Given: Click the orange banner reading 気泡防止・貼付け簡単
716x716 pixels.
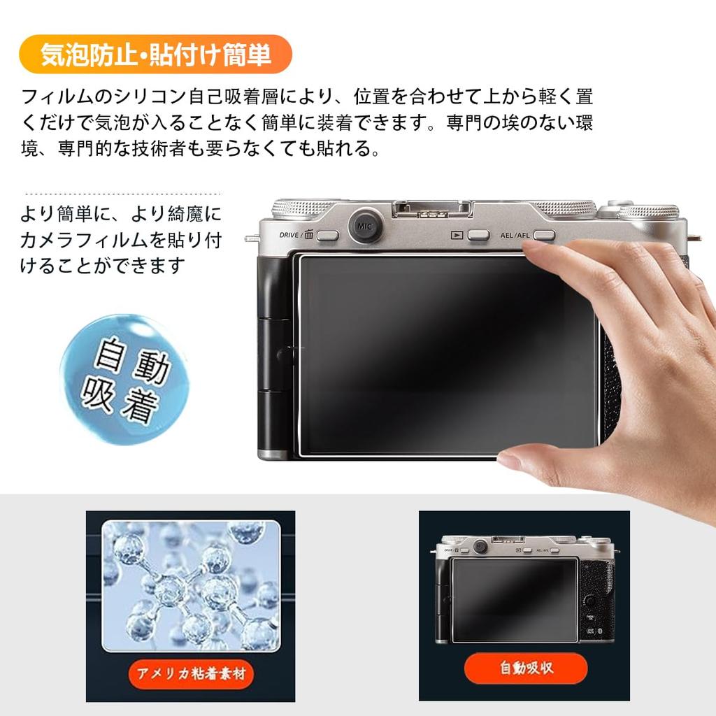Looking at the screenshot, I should point(155,55).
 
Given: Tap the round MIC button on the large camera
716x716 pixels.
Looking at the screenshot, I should point(364,226).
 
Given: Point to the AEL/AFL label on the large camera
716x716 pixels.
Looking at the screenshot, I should point(515,236).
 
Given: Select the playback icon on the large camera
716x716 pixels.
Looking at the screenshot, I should point(456,236).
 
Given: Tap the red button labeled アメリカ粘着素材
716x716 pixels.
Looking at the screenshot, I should point(190,673).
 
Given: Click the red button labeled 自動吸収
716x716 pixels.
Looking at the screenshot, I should point(525,668).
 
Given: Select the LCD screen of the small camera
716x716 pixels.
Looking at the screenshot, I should point(515,600).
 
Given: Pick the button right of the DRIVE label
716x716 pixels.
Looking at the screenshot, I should point(327,236).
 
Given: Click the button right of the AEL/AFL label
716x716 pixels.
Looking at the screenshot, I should point(543,236).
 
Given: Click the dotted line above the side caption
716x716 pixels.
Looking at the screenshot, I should point(122,194).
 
